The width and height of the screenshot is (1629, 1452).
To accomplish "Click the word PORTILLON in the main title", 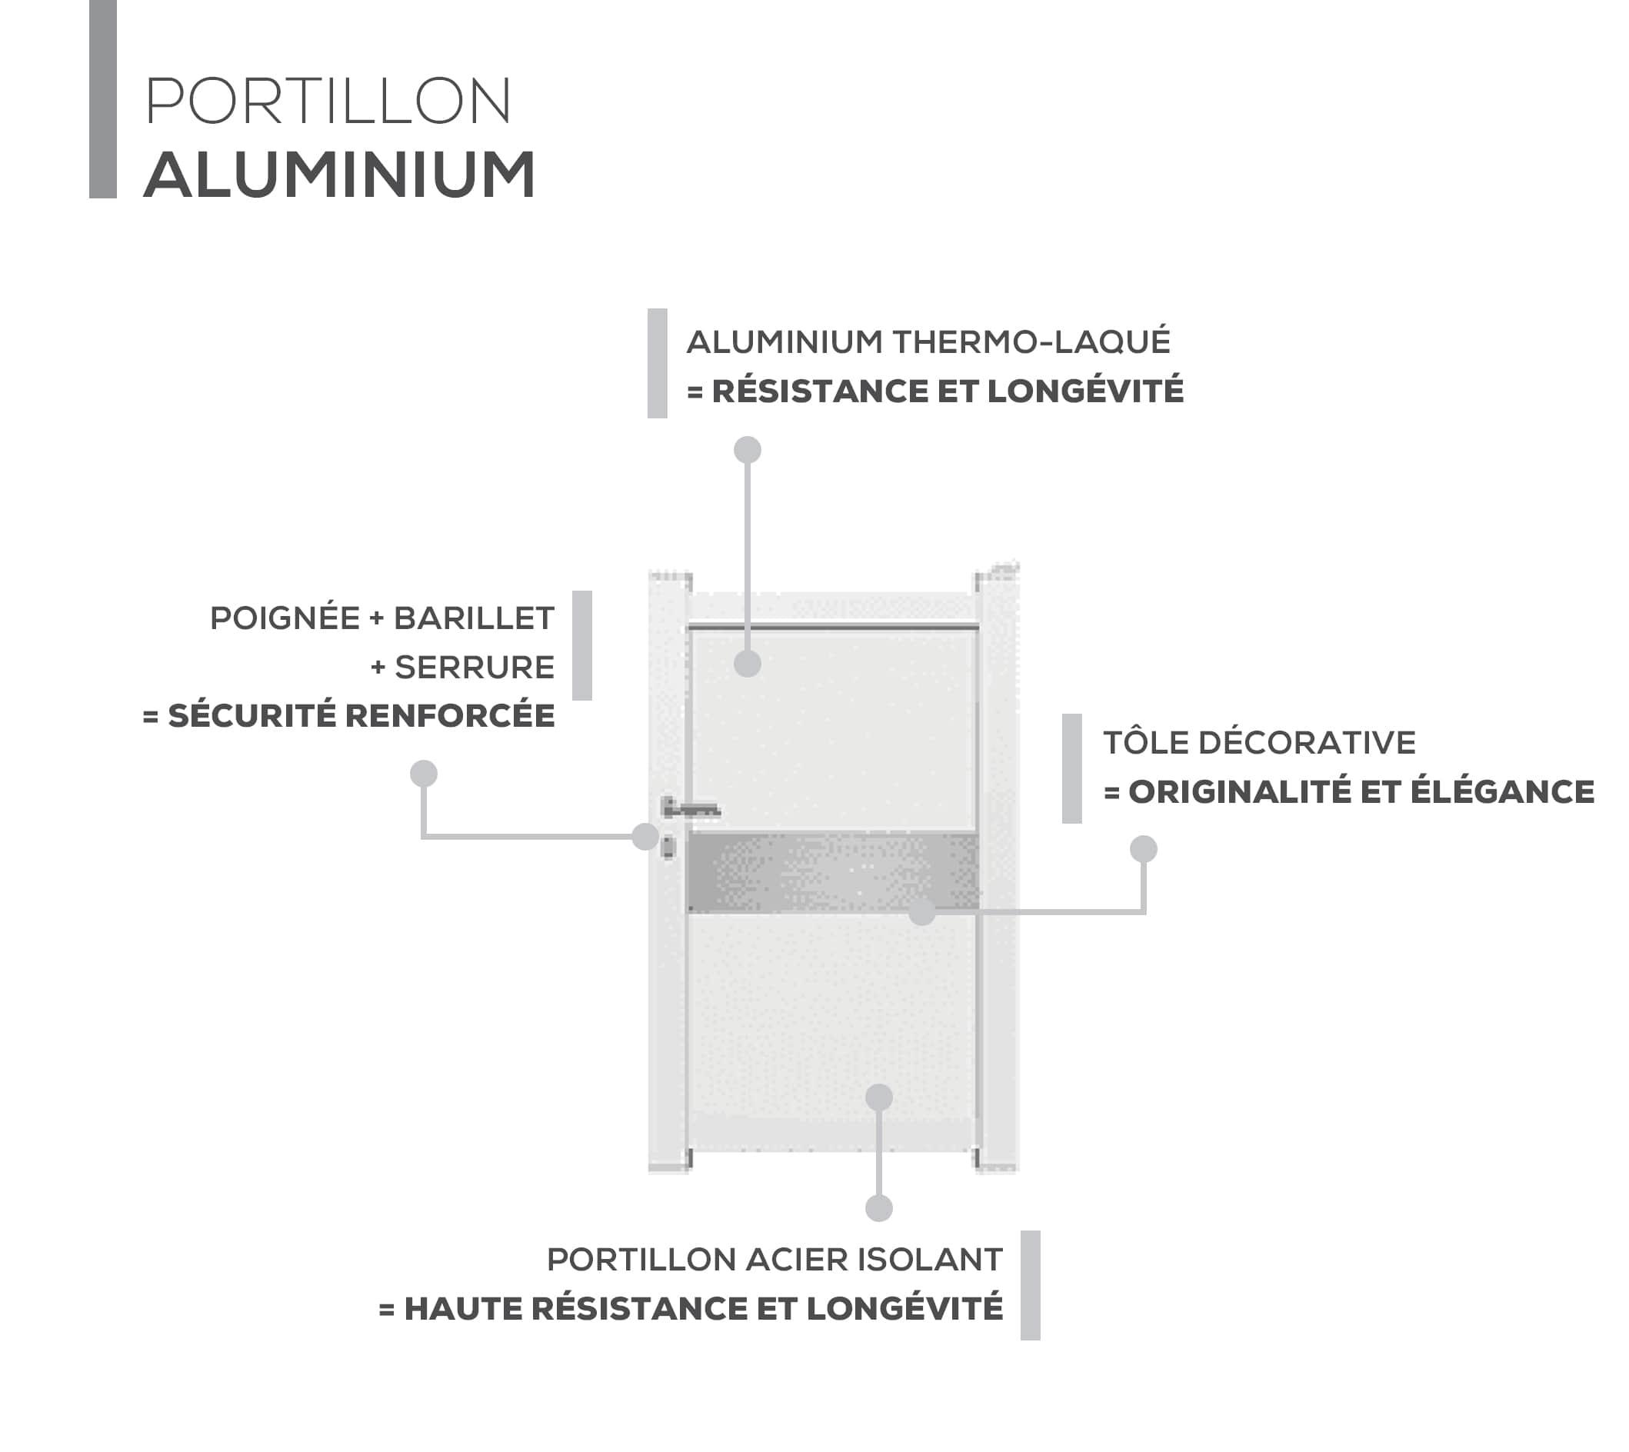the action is [328, 102].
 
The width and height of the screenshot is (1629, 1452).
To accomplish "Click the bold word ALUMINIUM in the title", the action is [340, 175].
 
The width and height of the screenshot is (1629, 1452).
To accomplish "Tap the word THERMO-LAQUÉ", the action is [1031, 341].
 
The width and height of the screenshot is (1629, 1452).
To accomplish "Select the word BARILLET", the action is [474, 618].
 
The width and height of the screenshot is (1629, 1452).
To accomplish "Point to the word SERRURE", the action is [475, 667].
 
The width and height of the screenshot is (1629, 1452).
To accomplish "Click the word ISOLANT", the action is [929, 1260].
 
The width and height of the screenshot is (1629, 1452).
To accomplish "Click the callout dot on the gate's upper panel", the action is [748, 663].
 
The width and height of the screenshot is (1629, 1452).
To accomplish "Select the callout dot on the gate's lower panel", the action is [879, 1097].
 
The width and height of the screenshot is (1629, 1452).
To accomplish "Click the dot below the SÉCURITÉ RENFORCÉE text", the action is [424, 773].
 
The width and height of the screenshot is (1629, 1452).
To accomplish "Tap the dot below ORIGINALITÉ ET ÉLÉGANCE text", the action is [1143, 849].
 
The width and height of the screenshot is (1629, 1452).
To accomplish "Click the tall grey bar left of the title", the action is [103, 99].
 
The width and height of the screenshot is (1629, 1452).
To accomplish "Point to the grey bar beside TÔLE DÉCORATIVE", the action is [1072, 768].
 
